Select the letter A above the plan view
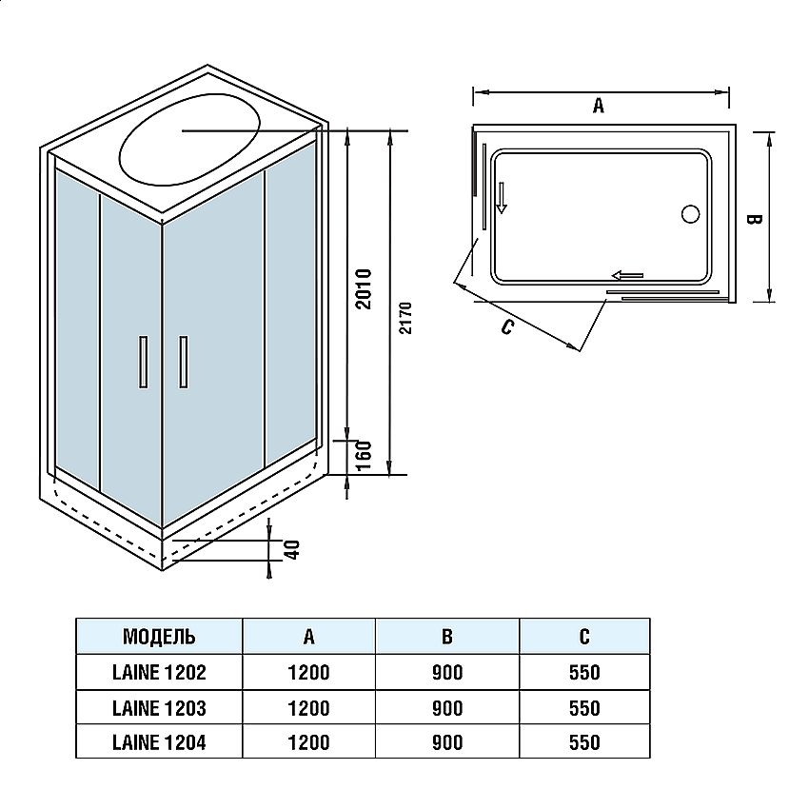(599, 106)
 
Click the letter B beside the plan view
(752, 219)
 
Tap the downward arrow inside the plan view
(502, 198)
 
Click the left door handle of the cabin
(143, 362)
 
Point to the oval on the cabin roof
(190, 145)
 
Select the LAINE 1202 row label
(159, 672)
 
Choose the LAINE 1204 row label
(159, 742)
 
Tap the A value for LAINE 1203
(308, 708)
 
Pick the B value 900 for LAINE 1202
(446, 672)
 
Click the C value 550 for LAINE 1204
(583, 742)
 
